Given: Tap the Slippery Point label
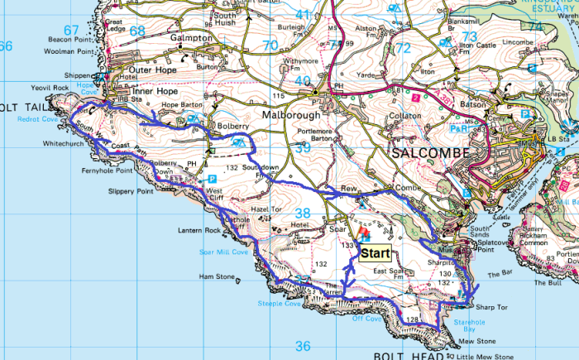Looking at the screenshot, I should pos(132,191).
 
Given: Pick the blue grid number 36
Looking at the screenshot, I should pos(303,346).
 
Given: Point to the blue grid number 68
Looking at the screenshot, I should pos(136,31).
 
